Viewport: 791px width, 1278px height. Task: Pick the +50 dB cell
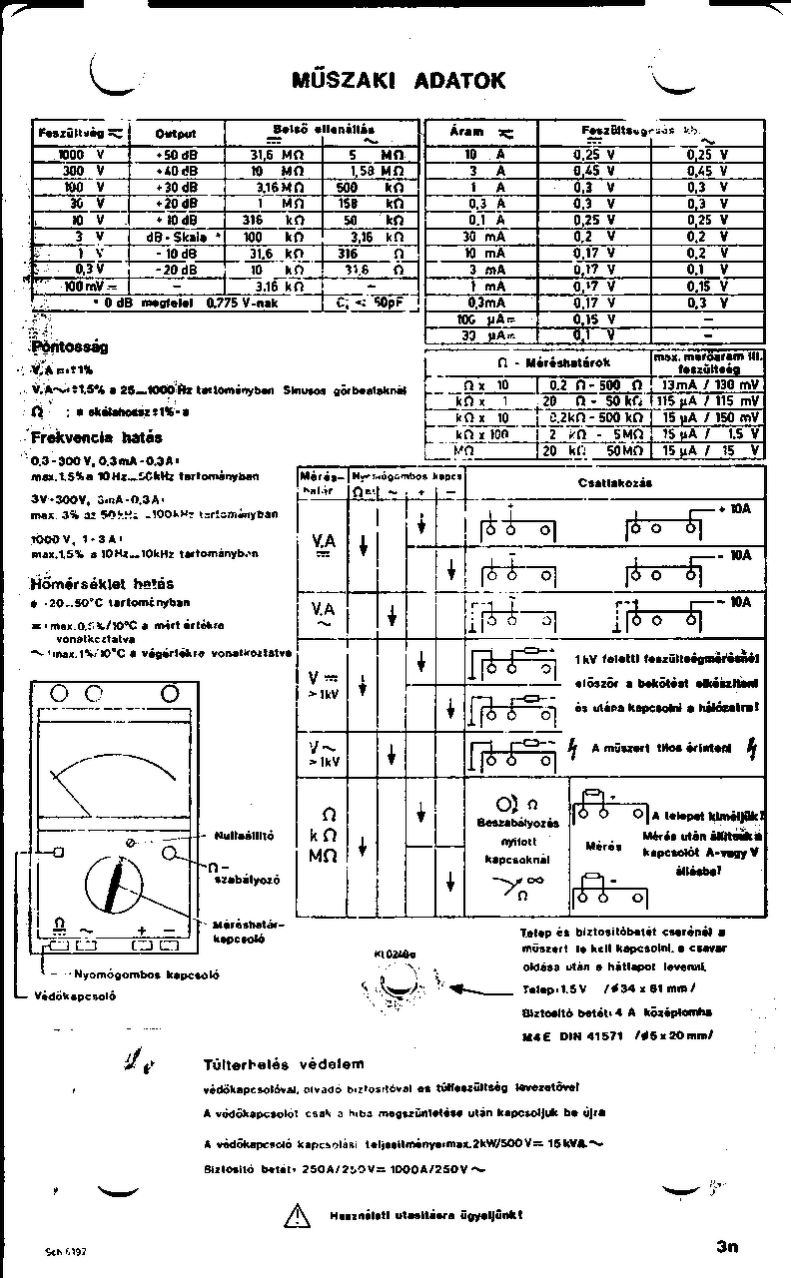177,155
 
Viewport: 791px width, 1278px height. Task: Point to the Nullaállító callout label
244,835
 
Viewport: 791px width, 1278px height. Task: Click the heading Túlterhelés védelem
285,1064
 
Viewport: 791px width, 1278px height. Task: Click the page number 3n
726,1245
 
